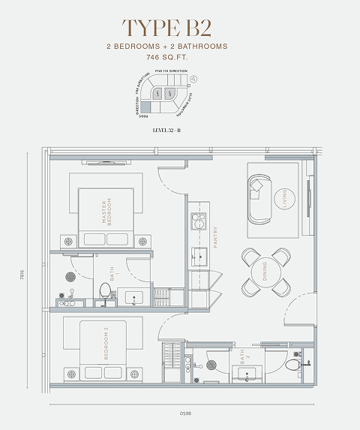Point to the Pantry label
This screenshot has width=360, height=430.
click(x=214, y=237)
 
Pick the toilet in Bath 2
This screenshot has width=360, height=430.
click(x=295, y=365)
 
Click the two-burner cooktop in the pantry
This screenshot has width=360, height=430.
click(x=199, y=220)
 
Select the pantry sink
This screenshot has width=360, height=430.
click(x=199, y=255)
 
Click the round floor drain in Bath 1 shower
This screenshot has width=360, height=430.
click(x=70, y=277)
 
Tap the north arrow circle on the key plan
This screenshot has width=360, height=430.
click(x=193, y=78)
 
